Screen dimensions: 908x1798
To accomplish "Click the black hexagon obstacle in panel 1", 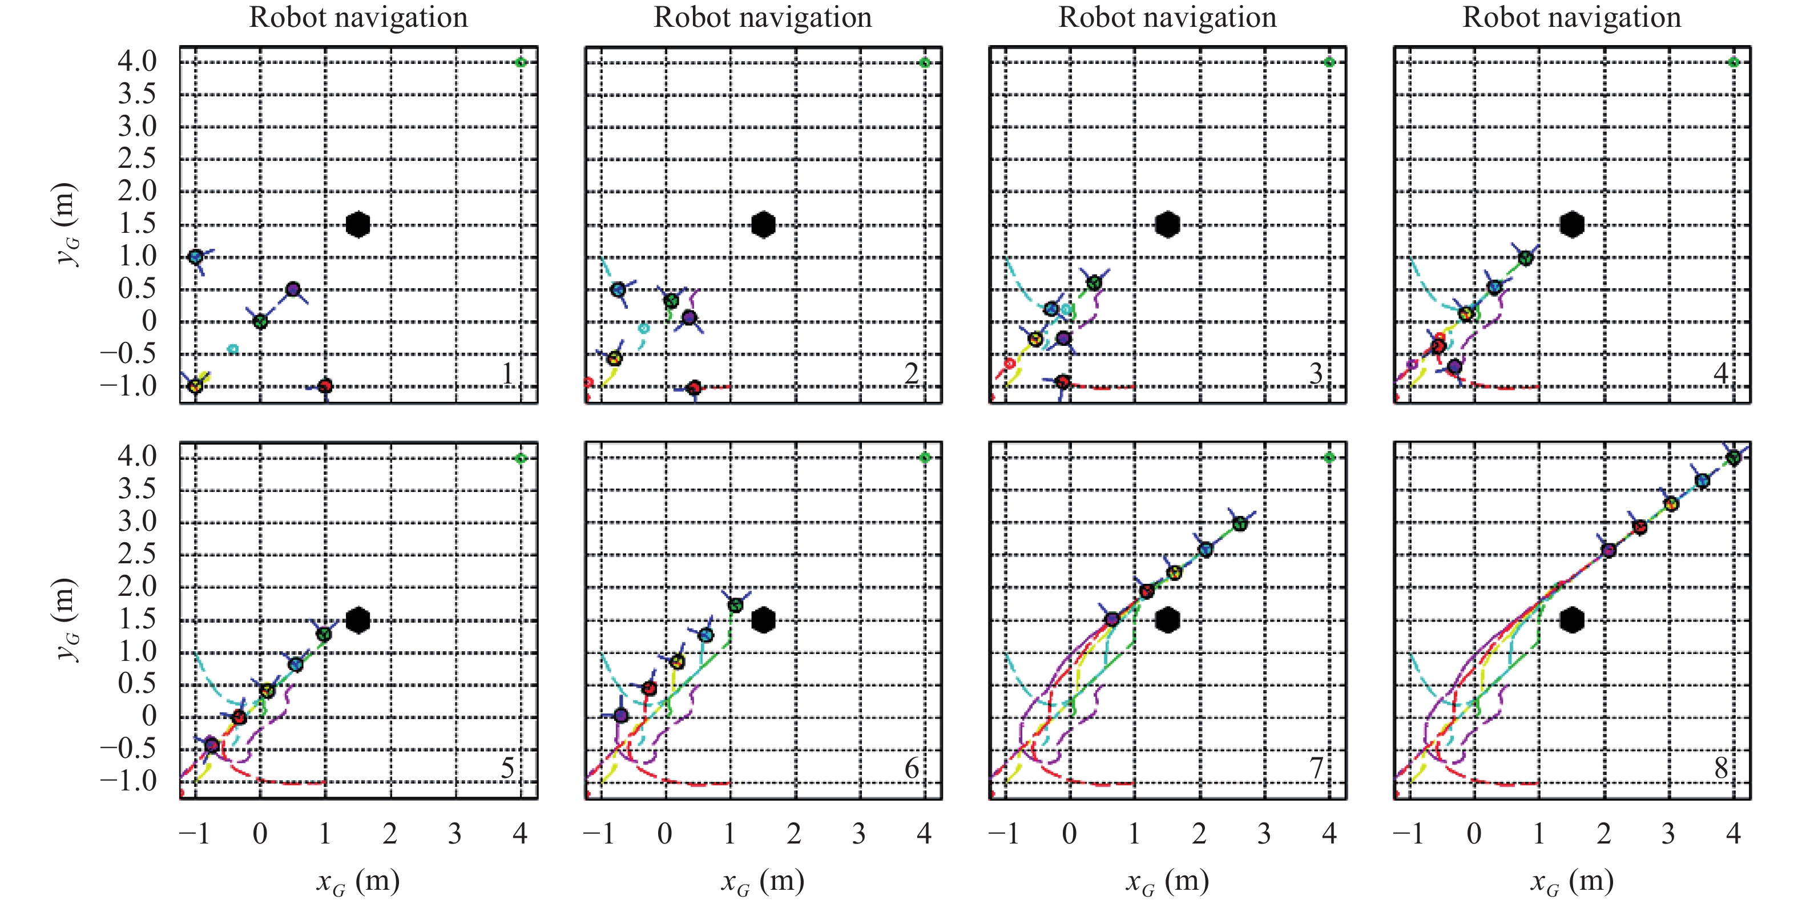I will (357, 225).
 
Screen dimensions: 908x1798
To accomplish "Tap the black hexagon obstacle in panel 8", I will (1571, 620).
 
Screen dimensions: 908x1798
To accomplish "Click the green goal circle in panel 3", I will (1329, 62).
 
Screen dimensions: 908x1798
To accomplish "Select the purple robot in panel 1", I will (293, 289).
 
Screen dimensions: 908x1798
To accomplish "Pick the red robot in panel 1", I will (325, 386).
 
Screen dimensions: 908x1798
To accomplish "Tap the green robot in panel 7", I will (1240, 523).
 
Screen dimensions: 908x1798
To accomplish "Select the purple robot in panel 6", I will (621, 715).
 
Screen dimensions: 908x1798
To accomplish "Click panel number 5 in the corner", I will (508, 768).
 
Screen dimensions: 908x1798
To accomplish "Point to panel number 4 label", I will (1721, 373).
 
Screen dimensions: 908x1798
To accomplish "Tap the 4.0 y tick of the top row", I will (137, 62).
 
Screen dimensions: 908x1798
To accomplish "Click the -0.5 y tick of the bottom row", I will (128, 748).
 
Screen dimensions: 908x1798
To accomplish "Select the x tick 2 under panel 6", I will (795, 833).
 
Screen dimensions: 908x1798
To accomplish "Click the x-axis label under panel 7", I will (1167, 882).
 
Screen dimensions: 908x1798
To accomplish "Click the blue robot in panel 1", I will (196, 256).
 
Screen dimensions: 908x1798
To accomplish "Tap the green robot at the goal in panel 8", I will (1733, 458).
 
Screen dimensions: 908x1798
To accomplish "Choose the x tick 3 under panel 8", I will (1668, 833).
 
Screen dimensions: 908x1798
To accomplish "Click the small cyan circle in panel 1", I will (233, 349).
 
